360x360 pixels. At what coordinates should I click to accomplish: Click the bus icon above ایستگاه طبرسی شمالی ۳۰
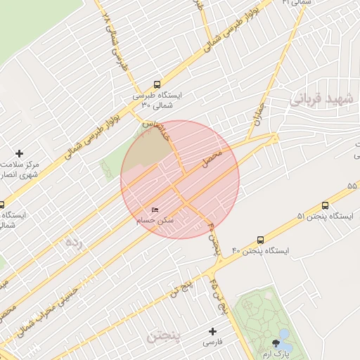click(x=156, y=82)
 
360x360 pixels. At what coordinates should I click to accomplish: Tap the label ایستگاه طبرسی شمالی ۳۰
click(x=156, y=100)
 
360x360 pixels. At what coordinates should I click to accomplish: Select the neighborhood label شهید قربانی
click(x=325, y=101)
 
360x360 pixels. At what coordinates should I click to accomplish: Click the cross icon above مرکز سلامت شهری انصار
click(x=19, y=153)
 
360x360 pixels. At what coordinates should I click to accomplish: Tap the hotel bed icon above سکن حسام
click(x=155, y=210)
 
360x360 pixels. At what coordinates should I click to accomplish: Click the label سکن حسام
click(x=156, y=221)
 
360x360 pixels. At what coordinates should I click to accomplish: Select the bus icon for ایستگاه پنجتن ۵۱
click(x=325, y=205)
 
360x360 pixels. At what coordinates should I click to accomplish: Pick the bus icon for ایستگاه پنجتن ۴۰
click(x=261, y=239)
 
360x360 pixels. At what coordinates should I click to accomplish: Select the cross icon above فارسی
click(x=212, y=330)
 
